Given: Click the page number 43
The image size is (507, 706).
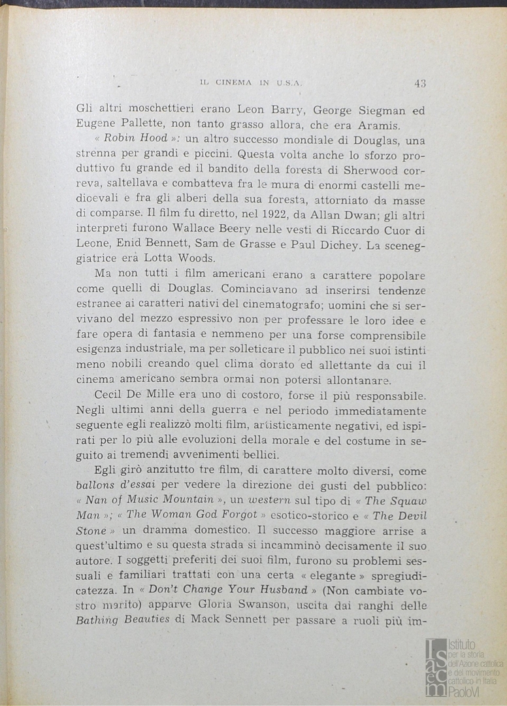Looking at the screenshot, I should coord(419,83).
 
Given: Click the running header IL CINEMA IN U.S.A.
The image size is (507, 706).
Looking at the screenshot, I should coord(250,83).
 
